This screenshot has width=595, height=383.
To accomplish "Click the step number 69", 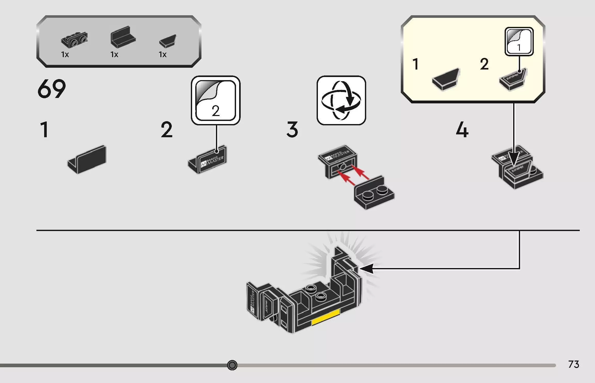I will click(x=52, y=89).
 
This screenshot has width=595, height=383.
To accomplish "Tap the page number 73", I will click(x=574, y=364).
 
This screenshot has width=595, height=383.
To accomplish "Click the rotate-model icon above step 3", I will click(x=341, y=100).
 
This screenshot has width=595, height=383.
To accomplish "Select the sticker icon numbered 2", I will click(x=216, y=100).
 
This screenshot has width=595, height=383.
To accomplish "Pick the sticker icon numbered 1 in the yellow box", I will click(x=519, y=41).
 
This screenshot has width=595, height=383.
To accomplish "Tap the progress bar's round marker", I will click(x=232, y=365).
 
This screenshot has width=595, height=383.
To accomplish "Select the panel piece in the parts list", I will click(x=123, y=37).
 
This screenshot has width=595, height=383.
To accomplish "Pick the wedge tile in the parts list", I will click(x=168, y=41).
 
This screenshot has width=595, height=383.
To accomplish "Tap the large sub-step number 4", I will click(x=462, y=130).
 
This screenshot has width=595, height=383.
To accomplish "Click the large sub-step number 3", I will click(x=292, y=130).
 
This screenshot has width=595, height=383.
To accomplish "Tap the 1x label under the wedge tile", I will click(x=163, y=55).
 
